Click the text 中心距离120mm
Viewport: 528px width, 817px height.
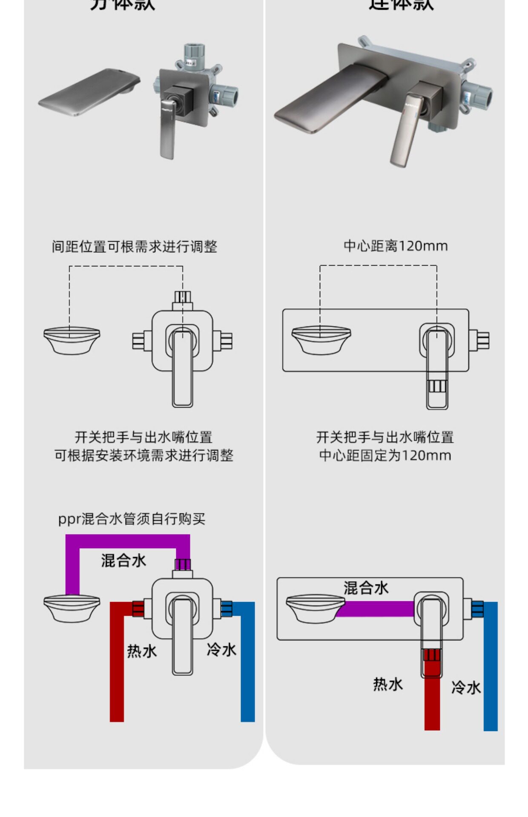tap(396, 246)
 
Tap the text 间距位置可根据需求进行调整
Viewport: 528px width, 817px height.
tap(135, 246)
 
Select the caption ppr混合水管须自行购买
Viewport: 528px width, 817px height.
tap(132, 519)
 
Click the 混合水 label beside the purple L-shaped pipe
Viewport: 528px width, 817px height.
tap(123, 560)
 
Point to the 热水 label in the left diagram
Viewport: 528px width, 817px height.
tap(142, 651)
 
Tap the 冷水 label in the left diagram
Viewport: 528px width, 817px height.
tap(221, 650)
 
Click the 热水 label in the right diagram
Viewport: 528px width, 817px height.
tap(387, 684)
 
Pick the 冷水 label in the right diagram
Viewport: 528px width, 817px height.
tap(466, 687)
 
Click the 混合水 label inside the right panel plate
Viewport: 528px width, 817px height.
tap(366, 588)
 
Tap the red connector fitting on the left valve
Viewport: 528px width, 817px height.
tap(138, 609)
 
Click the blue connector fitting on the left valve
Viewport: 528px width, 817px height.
tap(226, 608)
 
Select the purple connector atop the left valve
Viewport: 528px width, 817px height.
tap(183, 565)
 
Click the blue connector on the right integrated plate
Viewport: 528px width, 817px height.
tap(477, 609)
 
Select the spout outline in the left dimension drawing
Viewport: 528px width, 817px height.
tap(72, 340)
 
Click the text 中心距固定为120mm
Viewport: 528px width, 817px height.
tap(385, 455)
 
